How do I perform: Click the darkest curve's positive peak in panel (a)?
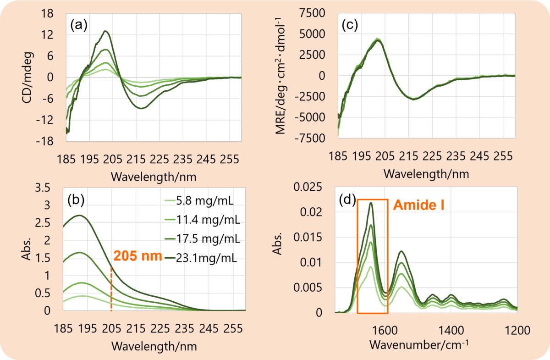click(105, 31)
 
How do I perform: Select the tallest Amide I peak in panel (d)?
click(370, 203)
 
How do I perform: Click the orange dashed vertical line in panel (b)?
click(111, 289)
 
